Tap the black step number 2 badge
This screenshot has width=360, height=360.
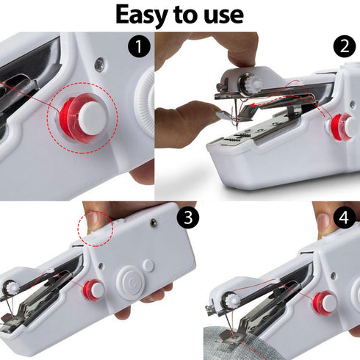(342, 46)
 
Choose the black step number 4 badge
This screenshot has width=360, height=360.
(342, 218)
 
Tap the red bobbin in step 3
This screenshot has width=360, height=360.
(93, 289)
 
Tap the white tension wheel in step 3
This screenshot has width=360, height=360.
(12, 288)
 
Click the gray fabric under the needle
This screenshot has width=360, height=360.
(242, 342)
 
